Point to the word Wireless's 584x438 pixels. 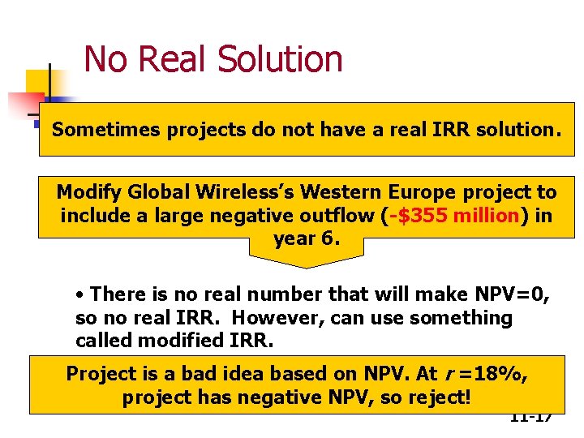(x=247, y=192)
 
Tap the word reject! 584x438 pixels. (x=443, y=398)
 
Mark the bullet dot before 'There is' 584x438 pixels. (x=80, y=295)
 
